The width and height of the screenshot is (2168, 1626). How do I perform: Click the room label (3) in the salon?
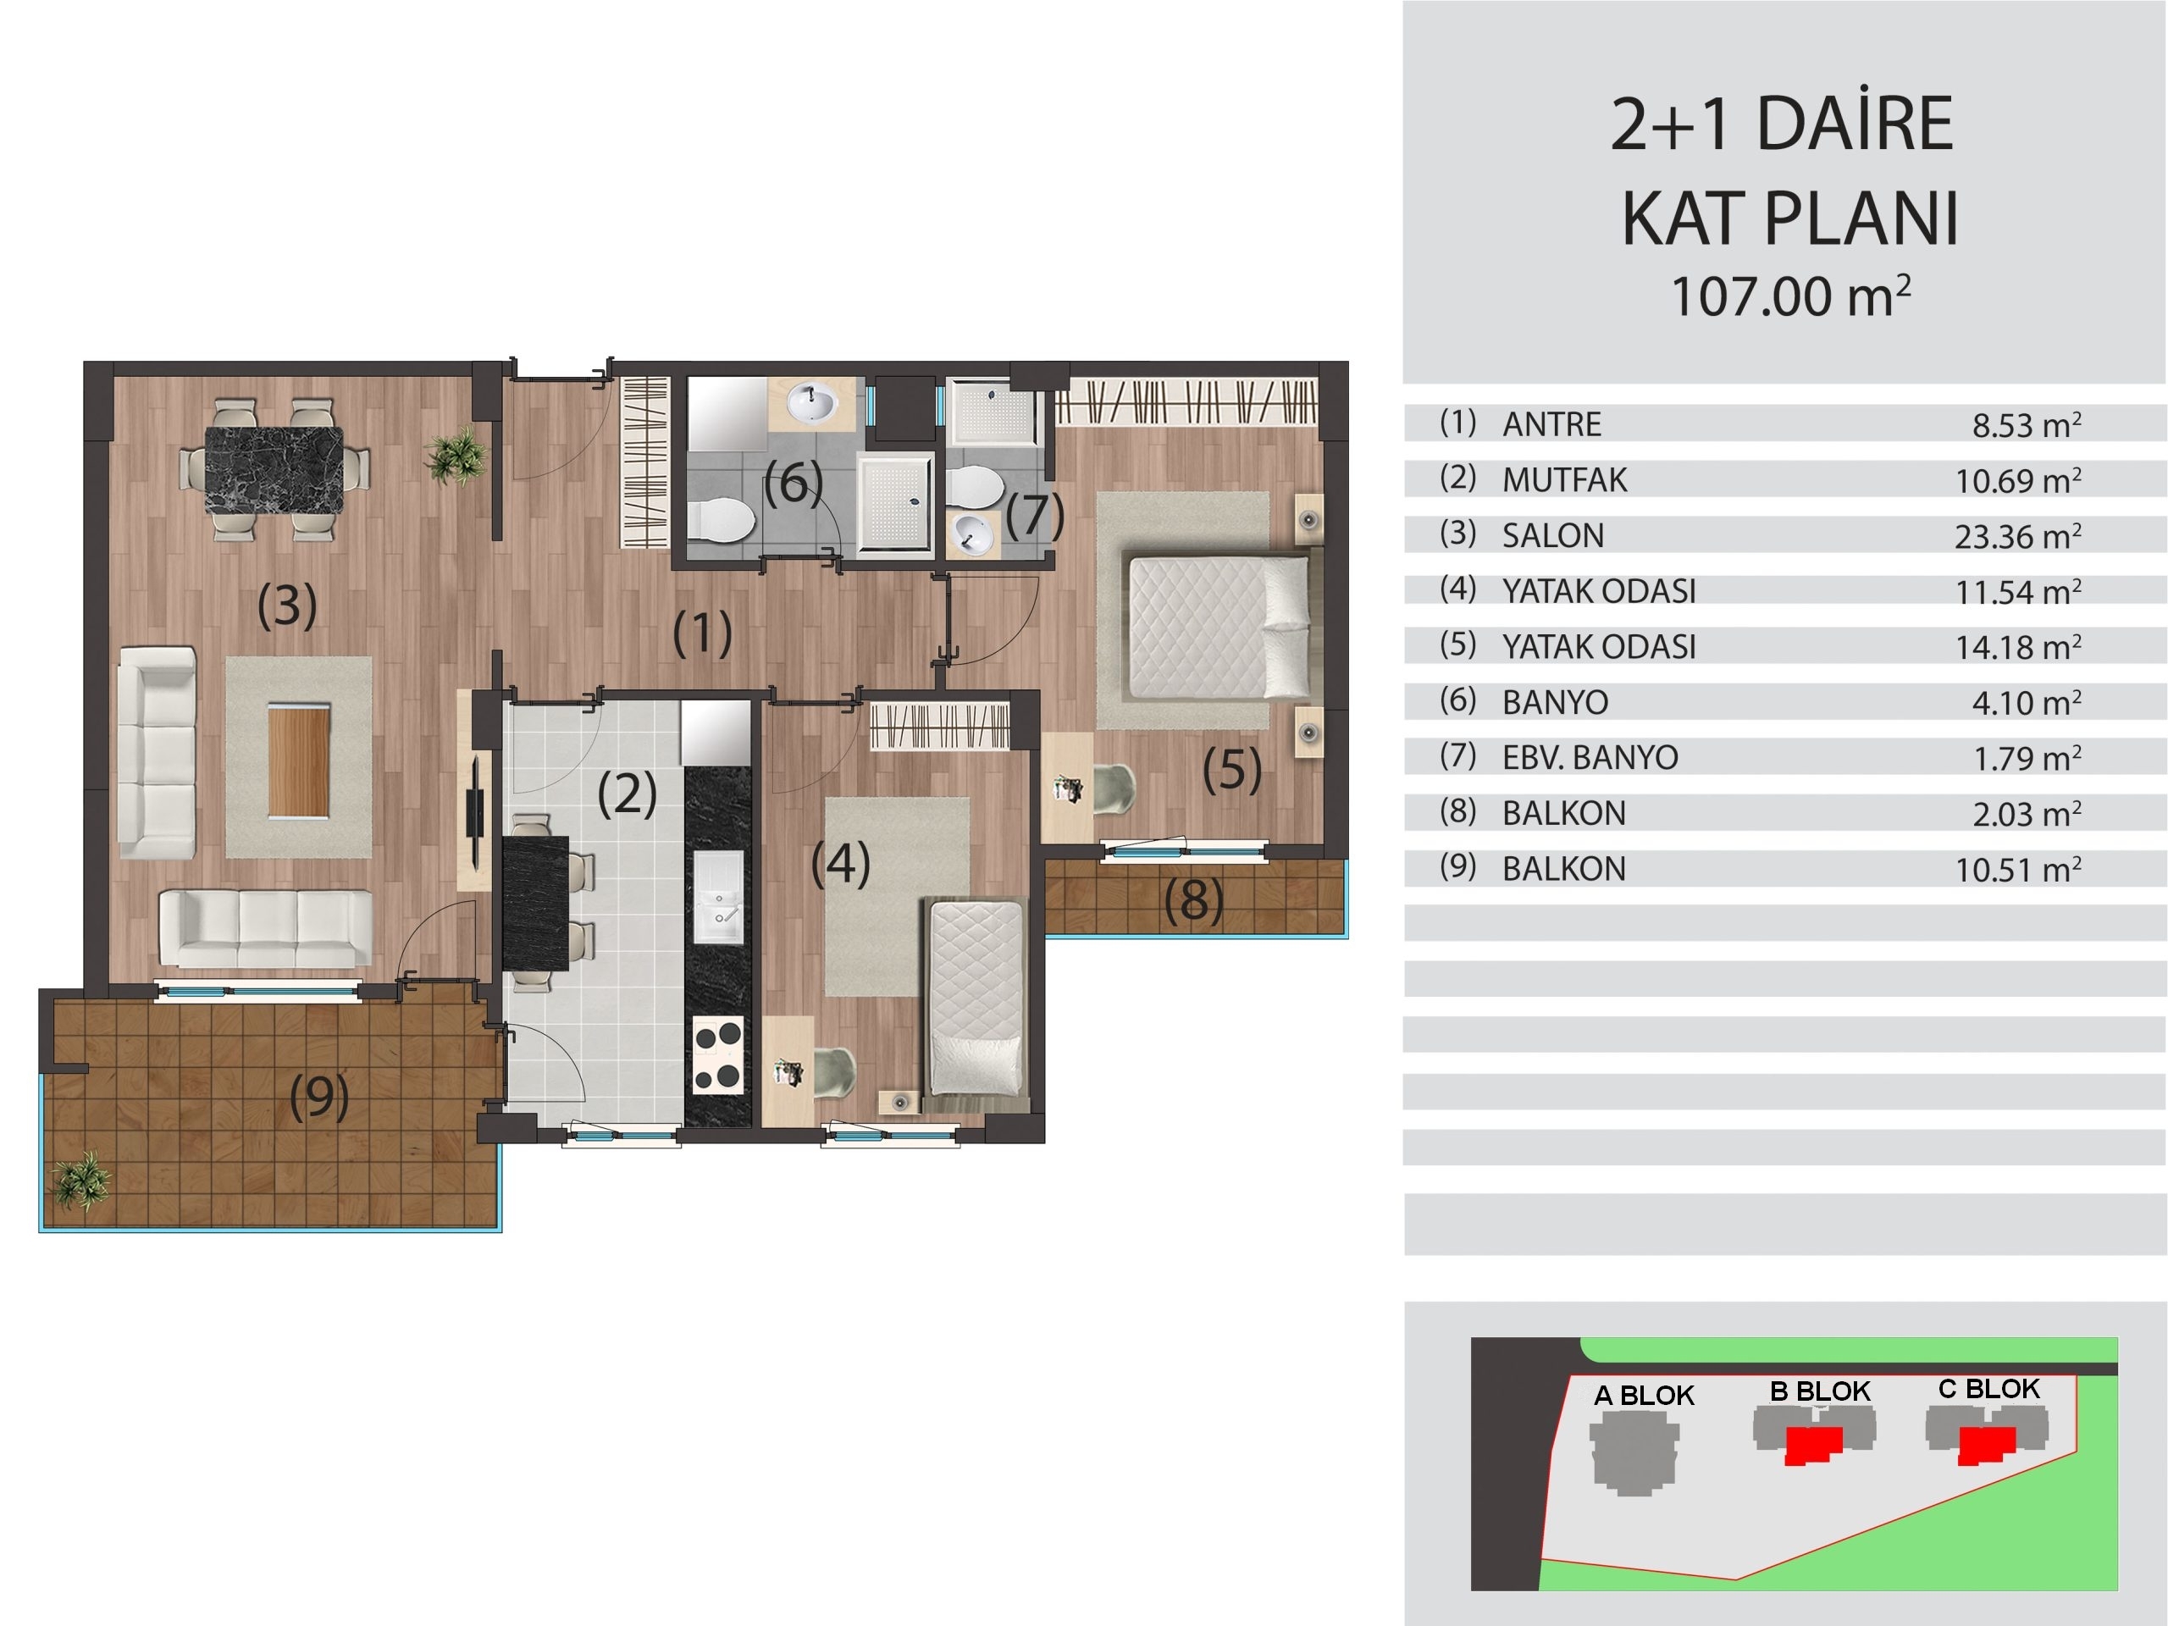[x=287, y=605]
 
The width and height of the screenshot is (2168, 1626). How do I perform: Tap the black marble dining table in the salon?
[x=274, y=469]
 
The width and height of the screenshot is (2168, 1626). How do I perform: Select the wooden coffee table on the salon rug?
[x=299, y=759]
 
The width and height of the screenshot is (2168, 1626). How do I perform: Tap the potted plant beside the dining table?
[x=456, y=455]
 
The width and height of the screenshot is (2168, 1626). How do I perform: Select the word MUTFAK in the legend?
[x=1564, y=480]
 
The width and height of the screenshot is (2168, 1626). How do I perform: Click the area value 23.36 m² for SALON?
[x=2018, y=536]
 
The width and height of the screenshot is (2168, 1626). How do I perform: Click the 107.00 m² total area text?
[x=1790, y=296]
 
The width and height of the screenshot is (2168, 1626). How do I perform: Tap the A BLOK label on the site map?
[x=1644, y=1396]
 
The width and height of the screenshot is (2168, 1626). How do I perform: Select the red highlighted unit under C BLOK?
[x=1987, y=1445]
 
